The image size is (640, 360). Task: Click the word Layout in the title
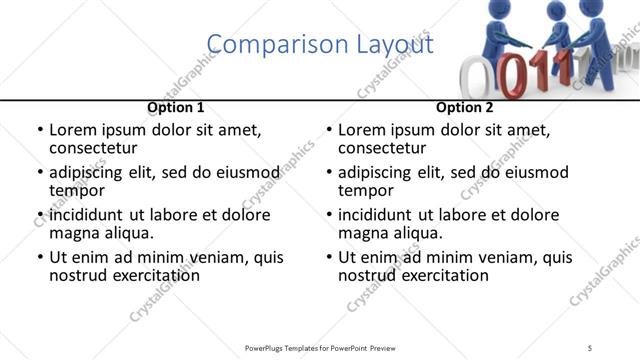coord(389,45)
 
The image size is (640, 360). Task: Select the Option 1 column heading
coord(175,107)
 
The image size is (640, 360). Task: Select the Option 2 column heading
coord(465,107)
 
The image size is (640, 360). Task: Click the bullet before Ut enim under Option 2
coord(330,257)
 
